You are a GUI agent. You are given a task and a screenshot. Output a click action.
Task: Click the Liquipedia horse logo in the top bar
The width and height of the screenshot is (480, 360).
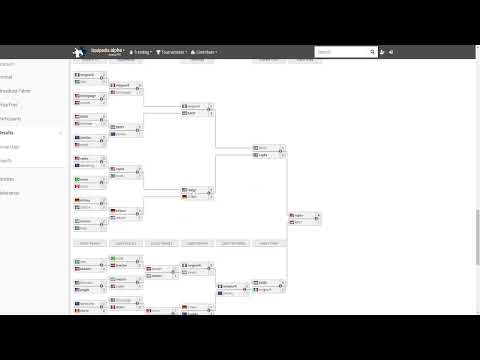77,52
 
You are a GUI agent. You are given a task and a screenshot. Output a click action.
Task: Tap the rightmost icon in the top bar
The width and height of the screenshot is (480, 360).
391,52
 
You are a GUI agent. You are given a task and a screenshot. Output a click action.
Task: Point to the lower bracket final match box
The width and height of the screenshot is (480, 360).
268,285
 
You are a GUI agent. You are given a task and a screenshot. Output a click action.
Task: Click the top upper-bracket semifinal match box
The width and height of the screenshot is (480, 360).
197,109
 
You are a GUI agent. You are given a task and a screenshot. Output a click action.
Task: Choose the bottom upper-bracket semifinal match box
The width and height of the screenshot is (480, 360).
197,193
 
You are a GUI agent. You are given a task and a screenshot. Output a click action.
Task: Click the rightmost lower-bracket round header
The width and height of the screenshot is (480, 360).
269,243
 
